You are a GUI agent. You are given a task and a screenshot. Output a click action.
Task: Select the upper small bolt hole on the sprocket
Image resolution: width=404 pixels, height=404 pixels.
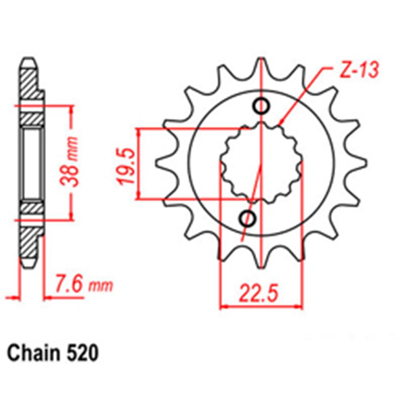coord(261,106)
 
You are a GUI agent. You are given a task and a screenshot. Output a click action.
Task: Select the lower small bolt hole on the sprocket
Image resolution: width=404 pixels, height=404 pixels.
coord(248,219)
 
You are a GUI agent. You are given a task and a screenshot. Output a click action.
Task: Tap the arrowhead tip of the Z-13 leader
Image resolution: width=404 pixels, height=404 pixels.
coord(280,123)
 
